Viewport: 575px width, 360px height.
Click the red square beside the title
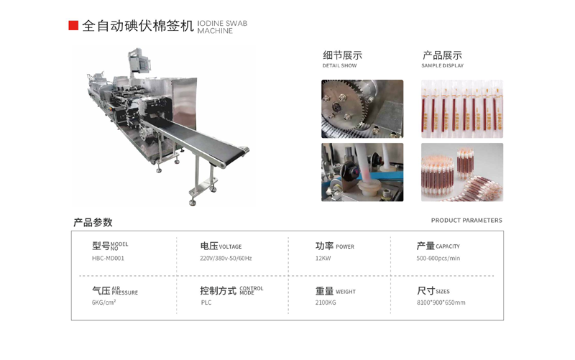(73, 26)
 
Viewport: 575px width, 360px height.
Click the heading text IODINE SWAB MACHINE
(221, 27)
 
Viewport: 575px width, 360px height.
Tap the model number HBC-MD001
(108, 259)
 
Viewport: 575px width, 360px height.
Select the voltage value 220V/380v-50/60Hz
(226, 259)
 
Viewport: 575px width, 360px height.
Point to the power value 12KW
(323, 259)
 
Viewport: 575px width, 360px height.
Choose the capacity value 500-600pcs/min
(438, 259)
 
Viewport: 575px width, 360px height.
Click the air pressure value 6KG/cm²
(103, 303)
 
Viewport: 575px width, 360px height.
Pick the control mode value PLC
(206, 303)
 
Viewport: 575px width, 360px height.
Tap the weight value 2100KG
(326, 303)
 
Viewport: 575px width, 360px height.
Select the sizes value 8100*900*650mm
(441, 303)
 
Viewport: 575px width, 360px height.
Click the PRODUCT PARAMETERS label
(466, 221)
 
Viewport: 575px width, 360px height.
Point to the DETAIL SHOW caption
(339, 66)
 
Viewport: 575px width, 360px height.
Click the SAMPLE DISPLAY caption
(442, 66)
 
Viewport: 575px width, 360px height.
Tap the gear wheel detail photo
(362, 109)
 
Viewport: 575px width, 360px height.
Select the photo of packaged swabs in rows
(461, 109)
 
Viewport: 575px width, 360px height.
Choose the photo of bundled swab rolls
(461, 172)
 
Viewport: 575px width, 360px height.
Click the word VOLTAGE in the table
(231, 247)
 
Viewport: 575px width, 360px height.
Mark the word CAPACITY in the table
(448, 247)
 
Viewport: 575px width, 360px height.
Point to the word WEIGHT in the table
(346, 292)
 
